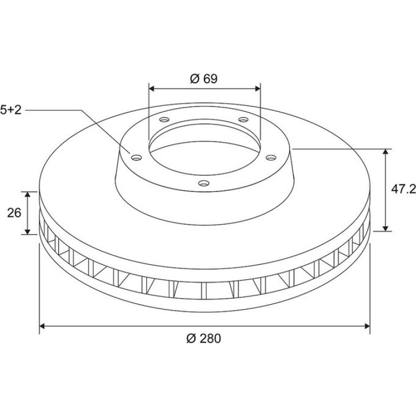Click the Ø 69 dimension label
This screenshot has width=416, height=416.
[x=204, y=78]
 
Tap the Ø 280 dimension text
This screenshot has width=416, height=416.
[x=204, y=339]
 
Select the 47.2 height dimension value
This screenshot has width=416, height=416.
[x=403, y=189]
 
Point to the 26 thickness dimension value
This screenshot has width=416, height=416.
[x=14, y=213]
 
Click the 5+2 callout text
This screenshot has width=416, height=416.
[x=11, y=110]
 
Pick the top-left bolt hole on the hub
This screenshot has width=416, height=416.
[x=164, y=119]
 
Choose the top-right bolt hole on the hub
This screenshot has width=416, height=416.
[x=243, y=119]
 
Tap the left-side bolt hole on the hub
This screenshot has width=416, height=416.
[x=137, y=158]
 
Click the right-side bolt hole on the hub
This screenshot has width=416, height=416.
[x=271, y=158]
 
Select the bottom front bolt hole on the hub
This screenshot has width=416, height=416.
[x=204, y=183]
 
